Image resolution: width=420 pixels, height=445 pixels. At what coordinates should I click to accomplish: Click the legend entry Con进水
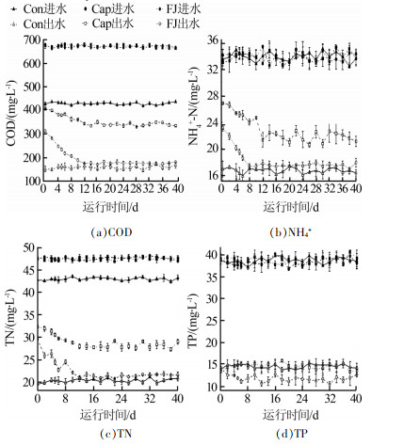(39, 9)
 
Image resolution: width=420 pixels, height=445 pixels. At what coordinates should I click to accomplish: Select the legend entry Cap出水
(108, 24)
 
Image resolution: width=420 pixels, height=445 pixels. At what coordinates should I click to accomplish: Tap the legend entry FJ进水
(178, 9)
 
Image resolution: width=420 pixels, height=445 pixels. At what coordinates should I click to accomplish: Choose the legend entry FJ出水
(178, 24)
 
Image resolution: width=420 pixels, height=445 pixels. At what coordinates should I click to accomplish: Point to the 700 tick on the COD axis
(32, 40)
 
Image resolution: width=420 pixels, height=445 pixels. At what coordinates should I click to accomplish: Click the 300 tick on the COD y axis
(32, 134)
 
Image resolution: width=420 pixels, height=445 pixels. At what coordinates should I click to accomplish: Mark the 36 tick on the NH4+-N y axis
(212, 40)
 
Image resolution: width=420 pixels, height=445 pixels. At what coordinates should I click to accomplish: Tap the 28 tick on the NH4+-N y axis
(212, 96)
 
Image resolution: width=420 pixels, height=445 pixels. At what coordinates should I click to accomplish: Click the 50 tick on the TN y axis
(29, 248)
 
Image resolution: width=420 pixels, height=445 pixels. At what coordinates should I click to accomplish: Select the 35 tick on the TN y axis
(29, 314)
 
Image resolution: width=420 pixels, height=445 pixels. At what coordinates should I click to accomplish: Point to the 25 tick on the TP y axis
(212, 321)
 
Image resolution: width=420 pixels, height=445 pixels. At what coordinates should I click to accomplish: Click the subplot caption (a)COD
(111, 232)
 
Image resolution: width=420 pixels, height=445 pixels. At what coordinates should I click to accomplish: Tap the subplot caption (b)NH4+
(291, 232)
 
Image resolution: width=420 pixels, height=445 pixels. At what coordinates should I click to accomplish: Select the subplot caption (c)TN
(116, 434)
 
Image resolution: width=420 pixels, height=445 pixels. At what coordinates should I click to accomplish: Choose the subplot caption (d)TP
(292, 434)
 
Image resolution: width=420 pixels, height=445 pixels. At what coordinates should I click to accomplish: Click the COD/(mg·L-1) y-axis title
(10, 114)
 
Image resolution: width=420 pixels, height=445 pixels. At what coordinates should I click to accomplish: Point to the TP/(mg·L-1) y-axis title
(193, 321)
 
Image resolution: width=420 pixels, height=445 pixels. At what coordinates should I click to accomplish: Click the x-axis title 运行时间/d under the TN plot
(108, 415)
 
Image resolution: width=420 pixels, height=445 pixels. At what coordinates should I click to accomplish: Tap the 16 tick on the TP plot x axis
(275, 398)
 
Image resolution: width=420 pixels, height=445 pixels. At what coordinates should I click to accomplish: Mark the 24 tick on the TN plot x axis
(121, 398)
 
